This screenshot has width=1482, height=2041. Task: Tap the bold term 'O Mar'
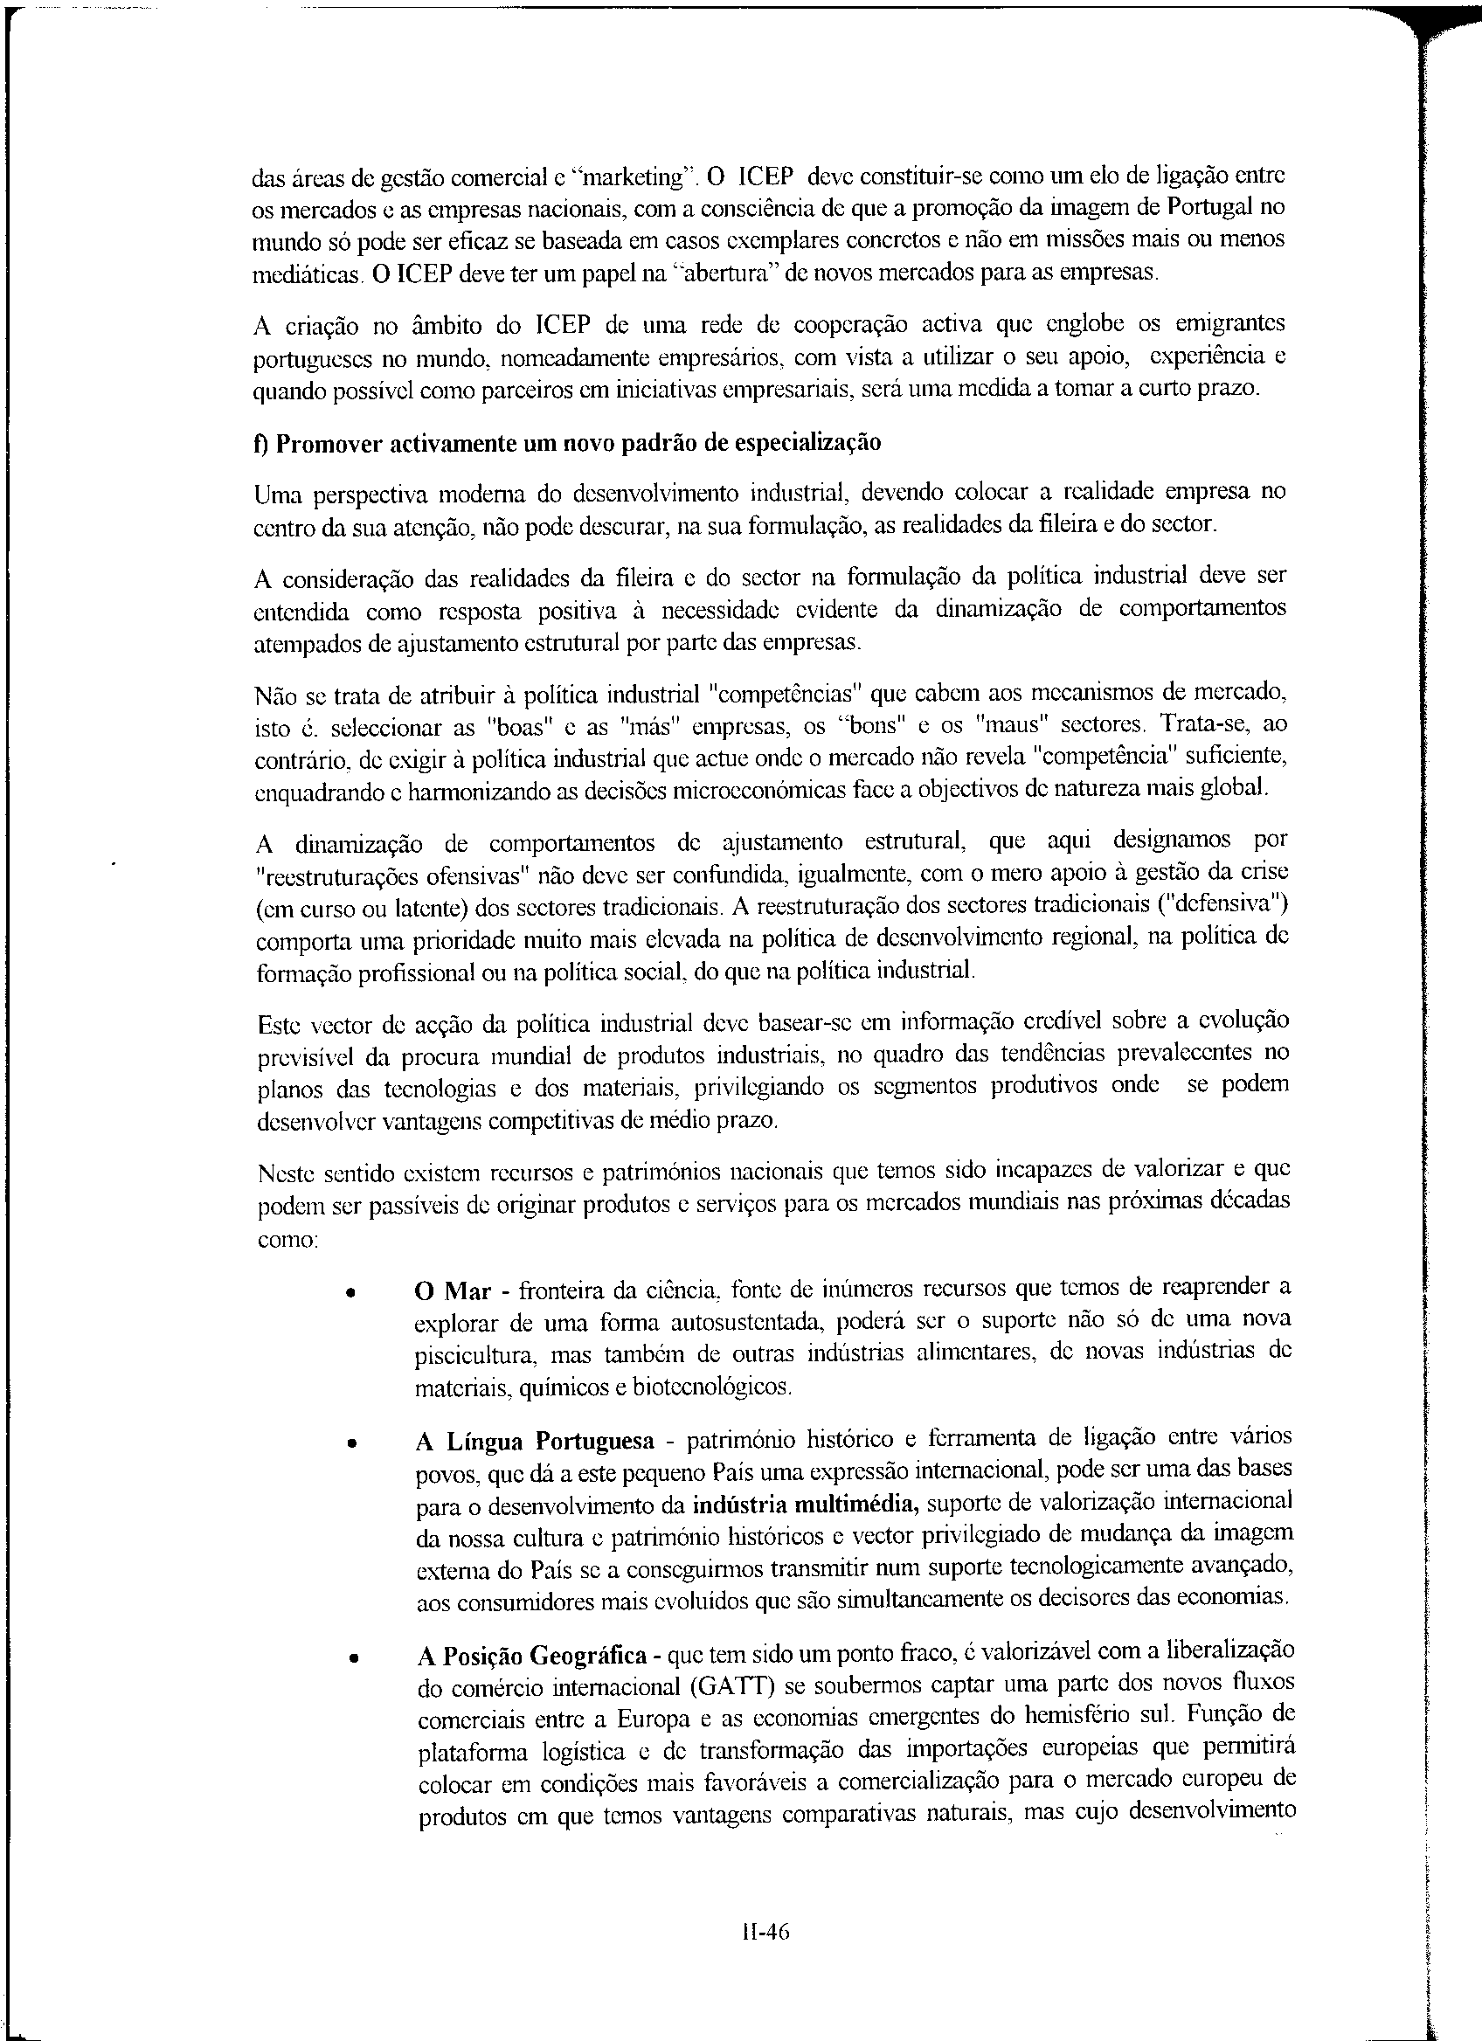(453, 1292)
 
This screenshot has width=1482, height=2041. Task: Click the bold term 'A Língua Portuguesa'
(536, 1442)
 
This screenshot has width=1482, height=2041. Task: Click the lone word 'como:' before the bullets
(284, 1240)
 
